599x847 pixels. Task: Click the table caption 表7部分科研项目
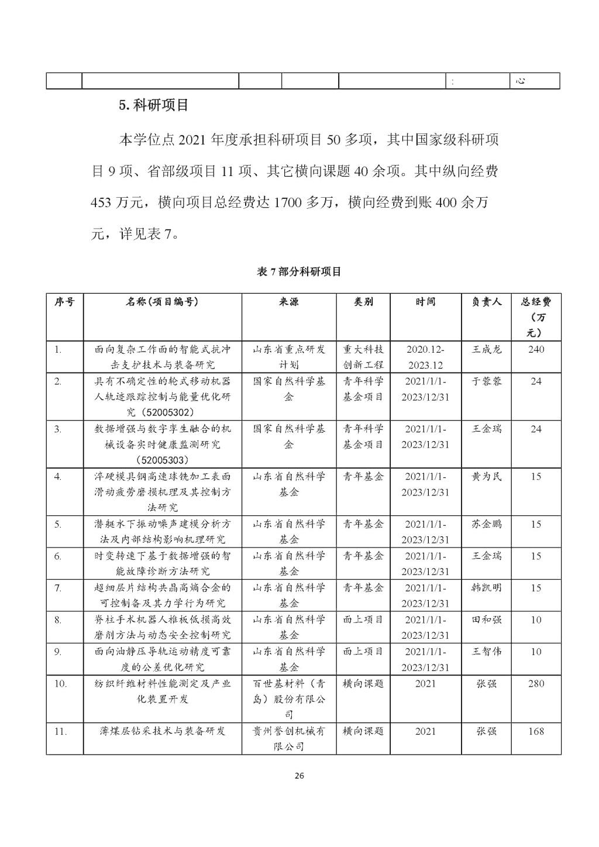pos(299,272)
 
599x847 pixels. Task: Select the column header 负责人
pos(486,302)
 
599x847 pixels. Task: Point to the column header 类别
pos(363,302)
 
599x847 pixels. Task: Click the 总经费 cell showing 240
pos(536,350)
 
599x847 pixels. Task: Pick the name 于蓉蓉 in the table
pos(486,381)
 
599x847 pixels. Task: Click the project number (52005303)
pos(163,460)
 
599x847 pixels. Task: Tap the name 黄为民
pos(486,477)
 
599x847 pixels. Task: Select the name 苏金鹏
pos(486,524)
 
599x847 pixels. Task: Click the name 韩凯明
pos(486,588)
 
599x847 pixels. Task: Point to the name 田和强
pos(486,619)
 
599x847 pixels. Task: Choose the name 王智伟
pos(486,651)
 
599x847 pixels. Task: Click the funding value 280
pos(536,683)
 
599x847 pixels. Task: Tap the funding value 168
pos(536,731)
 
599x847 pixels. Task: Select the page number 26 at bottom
pos(299,776)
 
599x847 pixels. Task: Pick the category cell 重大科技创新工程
pos(363,357)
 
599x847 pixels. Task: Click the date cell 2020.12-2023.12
pos(425,357)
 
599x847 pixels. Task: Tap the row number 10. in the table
pos(60,683)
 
